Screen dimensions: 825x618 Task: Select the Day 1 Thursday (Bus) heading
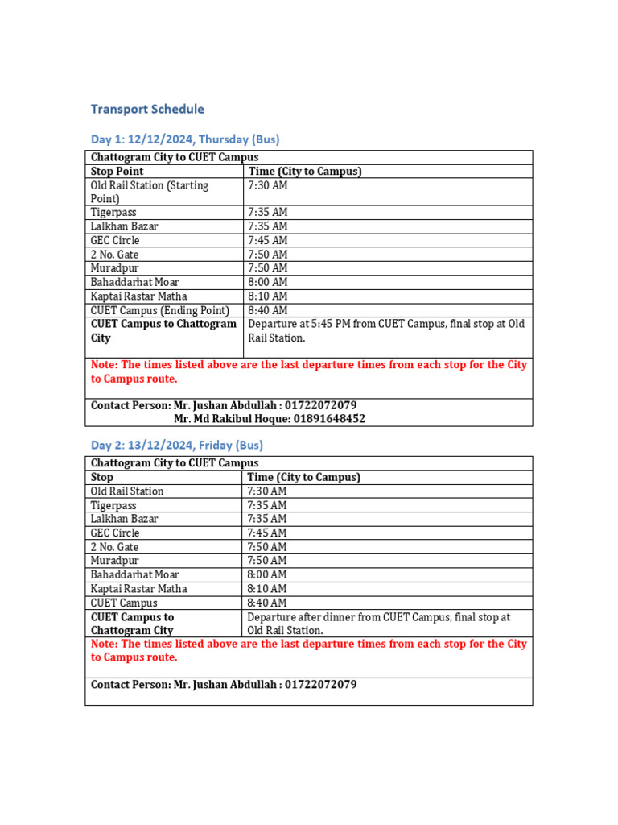185,139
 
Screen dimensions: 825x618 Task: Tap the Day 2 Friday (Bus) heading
176,445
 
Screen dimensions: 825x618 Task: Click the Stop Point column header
117,172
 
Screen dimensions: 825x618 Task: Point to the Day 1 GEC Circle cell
115,240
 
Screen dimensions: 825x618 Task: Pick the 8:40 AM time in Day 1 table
268,310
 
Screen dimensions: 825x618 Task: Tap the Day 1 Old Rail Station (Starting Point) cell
150,192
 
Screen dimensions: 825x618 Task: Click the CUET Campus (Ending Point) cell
160,310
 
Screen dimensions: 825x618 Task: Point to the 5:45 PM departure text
313,324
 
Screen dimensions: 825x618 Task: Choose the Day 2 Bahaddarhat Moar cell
134,574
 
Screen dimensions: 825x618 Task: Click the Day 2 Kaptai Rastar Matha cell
138,589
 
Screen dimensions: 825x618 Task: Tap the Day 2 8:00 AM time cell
268,574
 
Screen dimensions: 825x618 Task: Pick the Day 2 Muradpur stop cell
114,561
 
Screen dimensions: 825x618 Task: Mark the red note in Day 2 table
308,650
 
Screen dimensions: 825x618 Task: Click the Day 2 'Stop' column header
102,477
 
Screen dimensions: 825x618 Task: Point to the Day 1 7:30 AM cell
268,185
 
